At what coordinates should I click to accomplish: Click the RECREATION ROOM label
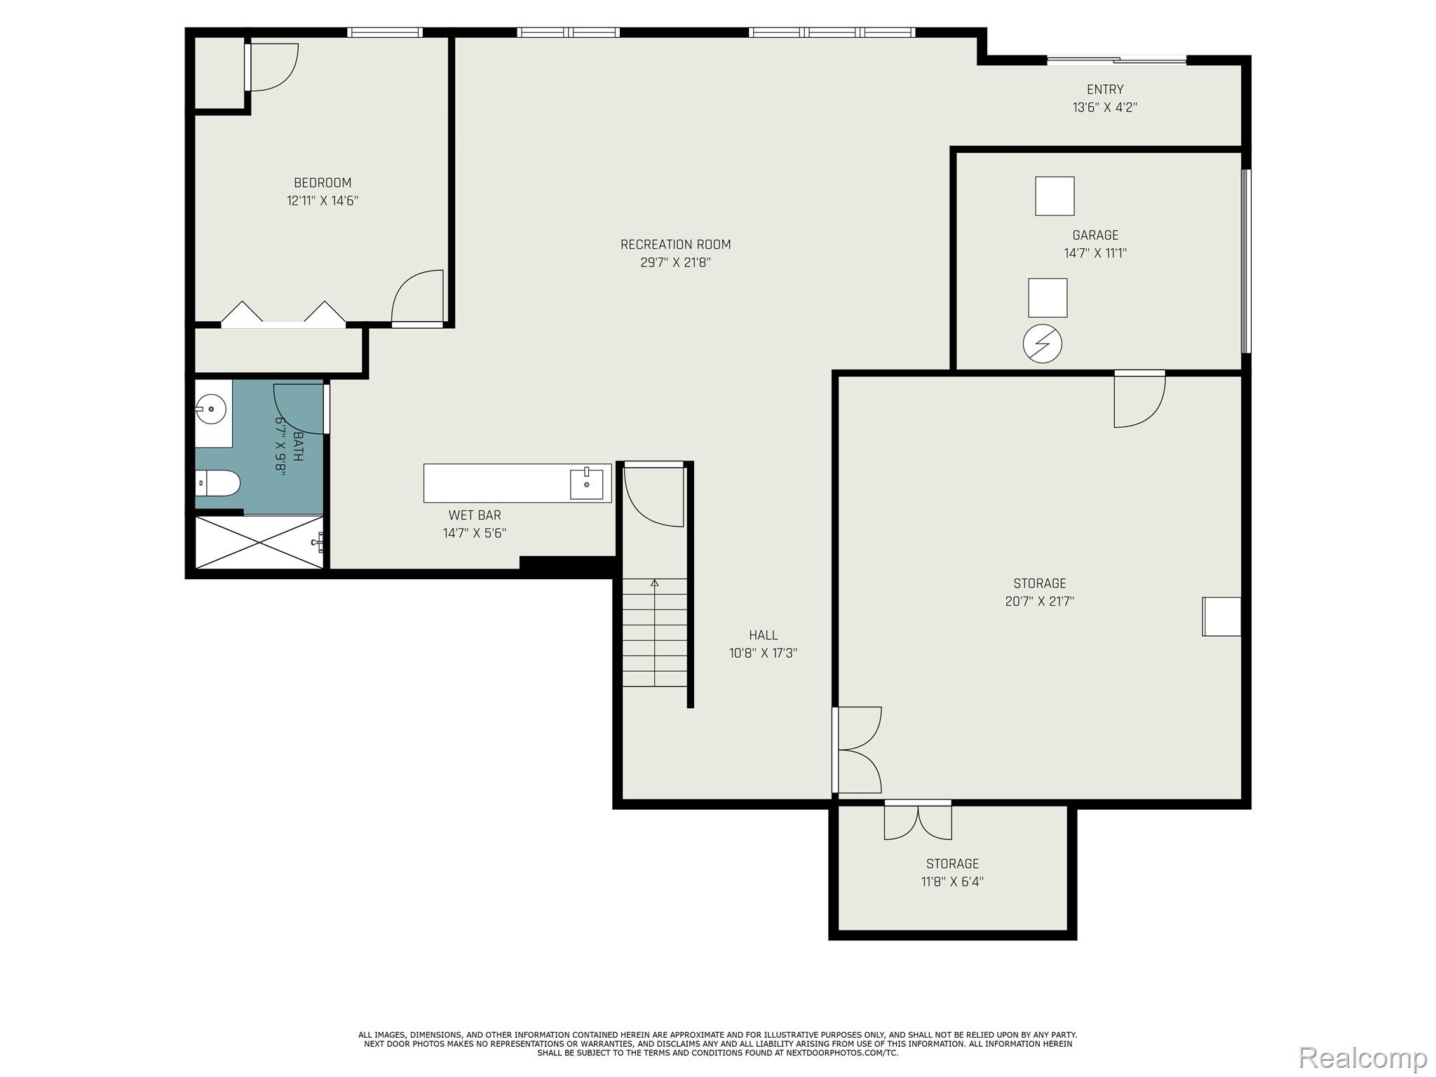coord(675,245)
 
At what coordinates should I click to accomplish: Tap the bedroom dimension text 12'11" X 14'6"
coord(323,201)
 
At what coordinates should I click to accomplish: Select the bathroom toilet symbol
coord(218,483)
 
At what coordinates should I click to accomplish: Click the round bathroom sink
coord(211,409)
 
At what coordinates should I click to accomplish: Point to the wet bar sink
coord(586,484)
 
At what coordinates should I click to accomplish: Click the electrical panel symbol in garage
coord(1042,344)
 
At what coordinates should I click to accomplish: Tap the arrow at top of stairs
coord(655,583)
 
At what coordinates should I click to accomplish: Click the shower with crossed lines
coord(259,542)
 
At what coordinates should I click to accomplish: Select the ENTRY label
coord(1105,90)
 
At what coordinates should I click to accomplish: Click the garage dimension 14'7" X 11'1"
coord(1095,253)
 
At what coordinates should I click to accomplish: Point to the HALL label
coord(763,635)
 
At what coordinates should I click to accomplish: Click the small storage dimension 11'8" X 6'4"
coord(952,882)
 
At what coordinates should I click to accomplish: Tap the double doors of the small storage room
coord(918,822)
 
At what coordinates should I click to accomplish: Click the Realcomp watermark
coord(1362,1057)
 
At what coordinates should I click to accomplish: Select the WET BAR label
coord(475,515)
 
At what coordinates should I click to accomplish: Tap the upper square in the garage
coord(1055,196)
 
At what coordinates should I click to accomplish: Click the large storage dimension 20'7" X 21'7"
coord(1039,602)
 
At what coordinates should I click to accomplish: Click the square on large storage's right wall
coord(1221,616)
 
